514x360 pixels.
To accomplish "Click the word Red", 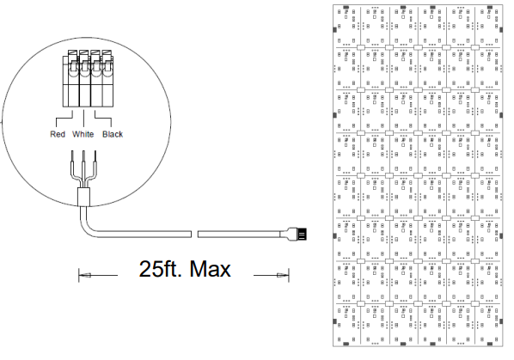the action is tap(58, 134).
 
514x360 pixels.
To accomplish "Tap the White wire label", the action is tap(83, 134).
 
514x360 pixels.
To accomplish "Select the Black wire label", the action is tap(113, 134).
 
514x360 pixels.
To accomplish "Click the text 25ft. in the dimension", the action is tap(160, 269).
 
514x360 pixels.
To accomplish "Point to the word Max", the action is tap(210, 269).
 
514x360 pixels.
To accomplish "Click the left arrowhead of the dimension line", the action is tap(85, 275).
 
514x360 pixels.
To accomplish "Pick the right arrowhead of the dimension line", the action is tap(283, 275).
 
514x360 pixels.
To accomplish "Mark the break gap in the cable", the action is tap(194, 234).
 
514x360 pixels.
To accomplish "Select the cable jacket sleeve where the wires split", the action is tap(83, 197).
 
